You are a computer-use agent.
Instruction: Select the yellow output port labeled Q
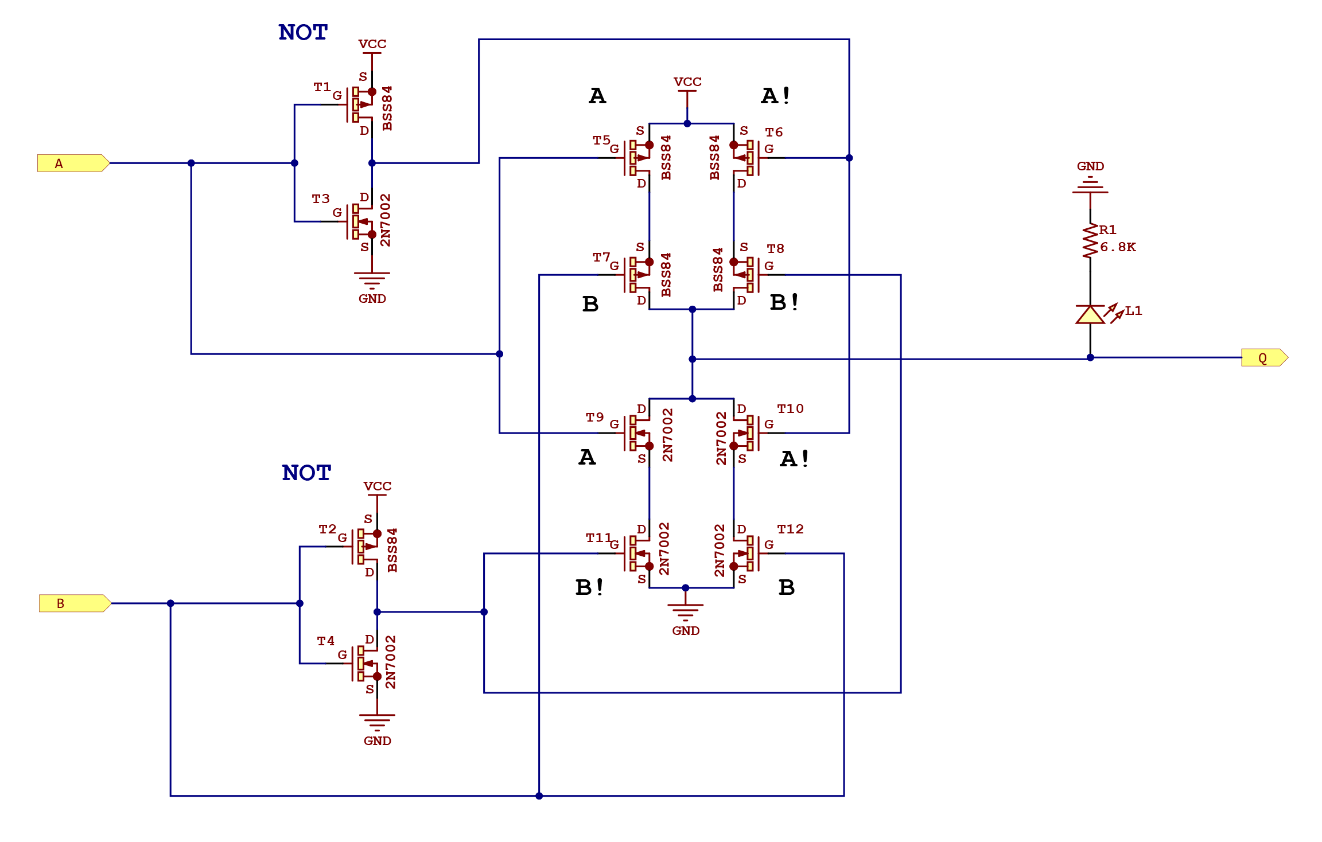1264,358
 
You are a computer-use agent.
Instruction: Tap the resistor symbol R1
1090,241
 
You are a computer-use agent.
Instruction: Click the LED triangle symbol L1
1090,315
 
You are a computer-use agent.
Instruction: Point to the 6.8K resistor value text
1118,247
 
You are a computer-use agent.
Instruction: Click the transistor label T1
322,87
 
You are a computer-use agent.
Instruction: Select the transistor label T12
790,529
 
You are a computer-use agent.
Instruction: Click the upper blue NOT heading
303,33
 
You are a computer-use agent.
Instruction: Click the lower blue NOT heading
306,473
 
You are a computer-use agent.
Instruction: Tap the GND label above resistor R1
1090,166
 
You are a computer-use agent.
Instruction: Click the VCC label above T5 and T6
687,82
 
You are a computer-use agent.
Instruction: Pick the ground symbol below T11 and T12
685,610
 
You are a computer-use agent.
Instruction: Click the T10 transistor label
790,408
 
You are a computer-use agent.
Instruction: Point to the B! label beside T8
784,302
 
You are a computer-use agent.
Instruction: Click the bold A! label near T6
776,96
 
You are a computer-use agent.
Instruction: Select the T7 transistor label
601,257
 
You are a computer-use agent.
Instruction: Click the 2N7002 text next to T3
386,220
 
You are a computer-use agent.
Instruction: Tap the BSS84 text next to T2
392,550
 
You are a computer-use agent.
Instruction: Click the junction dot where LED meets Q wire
1090,358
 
